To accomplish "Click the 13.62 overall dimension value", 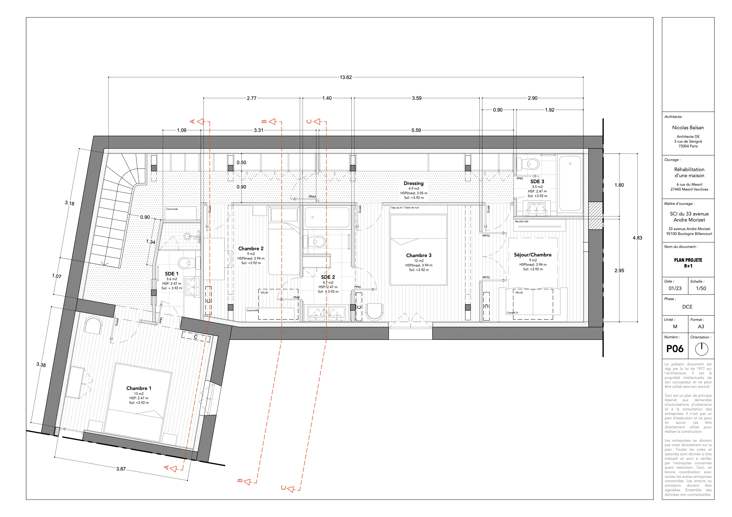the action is [346, 77].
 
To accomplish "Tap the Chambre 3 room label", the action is [419, 256].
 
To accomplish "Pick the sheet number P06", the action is [675, 349].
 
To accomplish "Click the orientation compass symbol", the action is [701, 349].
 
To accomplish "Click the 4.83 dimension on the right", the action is [637, 238].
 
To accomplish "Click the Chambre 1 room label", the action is [139, 388].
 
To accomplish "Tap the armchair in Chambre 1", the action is [93, 325].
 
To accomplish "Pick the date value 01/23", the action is [675, 288].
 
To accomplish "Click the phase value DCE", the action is [687, 307].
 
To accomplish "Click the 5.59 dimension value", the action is [416, 130].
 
